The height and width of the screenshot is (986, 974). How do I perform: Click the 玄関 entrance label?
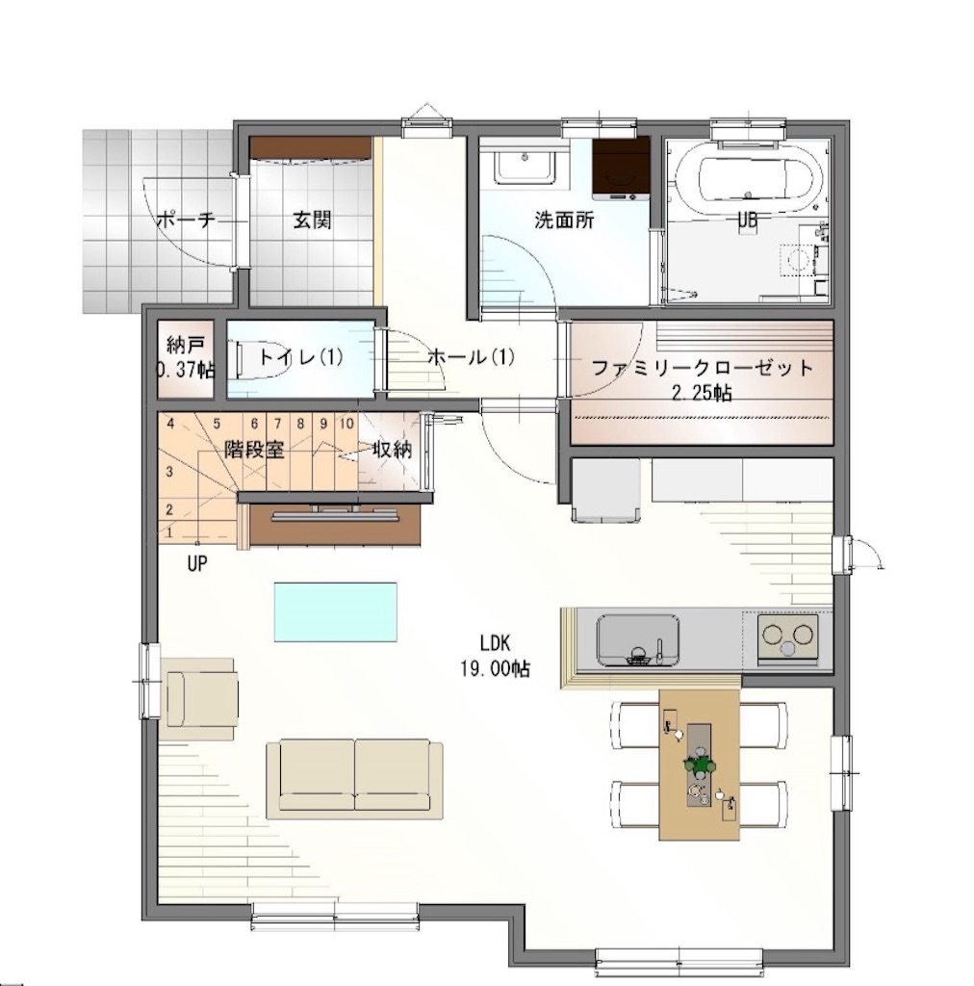coord(312,221)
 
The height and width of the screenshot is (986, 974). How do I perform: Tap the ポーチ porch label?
coord(186,221)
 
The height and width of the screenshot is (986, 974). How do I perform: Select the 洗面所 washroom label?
coord(564,221)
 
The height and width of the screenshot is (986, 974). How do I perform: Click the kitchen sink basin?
coord(638,639)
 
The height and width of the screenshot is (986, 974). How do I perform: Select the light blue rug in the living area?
coord(336,611)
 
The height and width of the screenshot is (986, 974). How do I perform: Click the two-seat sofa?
coord(354,780)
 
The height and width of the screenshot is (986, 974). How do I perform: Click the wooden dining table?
coord(700,765)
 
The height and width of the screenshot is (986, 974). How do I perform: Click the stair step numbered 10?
coord(346,424)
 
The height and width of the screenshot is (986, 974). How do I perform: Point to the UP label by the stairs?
coord(196,563)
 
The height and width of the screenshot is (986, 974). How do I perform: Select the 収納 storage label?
coord(392,451)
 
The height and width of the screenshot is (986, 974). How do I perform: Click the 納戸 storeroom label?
coord(186,345)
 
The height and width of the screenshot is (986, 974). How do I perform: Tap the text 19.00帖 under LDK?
coord(496,669)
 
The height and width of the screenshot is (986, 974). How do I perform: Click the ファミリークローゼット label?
coord(703,368)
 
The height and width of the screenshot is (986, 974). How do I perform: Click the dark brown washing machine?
coord(621,168)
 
